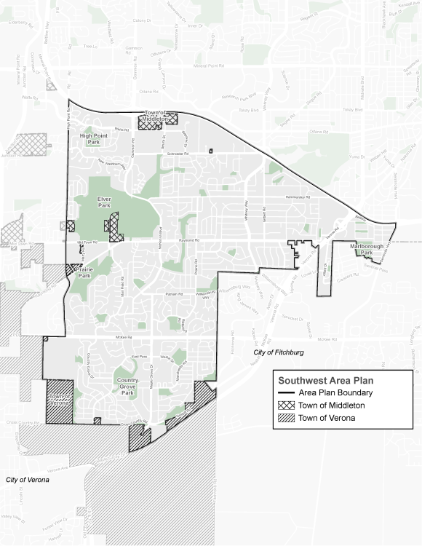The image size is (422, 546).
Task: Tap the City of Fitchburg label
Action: (279, 352)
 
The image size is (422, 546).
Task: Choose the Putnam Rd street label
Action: (172, 293)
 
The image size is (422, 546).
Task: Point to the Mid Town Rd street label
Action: (86, 242)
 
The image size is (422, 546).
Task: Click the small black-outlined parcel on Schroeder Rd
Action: (210, 151)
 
